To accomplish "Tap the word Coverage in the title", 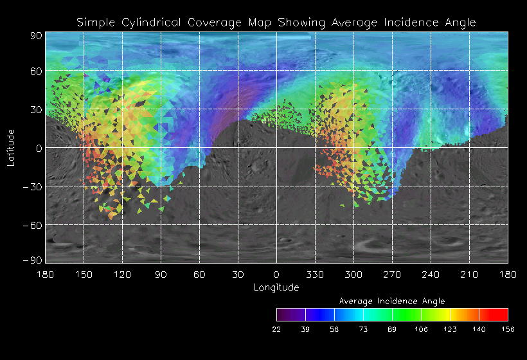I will pyautogui.click(x=215, y=22).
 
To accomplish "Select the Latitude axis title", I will pyautogui.click(x=10, y=147).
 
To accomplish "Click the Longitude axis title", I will pyautogui.click(x=276, y=287).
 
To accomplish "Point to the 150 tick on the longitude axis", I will pyautogui.click(x=84, y=274).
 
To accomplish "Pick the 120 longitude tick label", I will pyautogui.click(x=122, y=274).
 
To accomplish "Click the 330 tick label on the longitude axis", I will pyautogui.click(x=315, y=274).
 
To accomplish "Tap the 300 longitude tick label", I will pyautogui.click(x=353, y=274).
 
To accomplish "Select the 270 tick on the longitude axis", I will pyautogui.click(x=392, y=274).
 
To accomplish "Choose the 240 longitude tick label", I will pyautogui.click(x=431, y=274).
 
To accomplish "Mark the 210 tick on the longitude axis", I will pyautogui.click(x=469, y=274).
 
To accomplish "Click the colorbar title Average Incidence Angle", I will pyautogui.click(x=392, y=301).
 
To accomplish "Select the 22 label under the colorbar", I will pyautogui.click(x=276, y=328).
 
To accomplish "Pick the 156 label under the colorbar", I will pyautogui.click(x=508, y=328).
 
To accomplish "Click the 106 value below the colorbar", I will pyautogui.click(x=421, y=328).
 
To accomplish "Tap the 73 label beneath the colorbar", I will pyautogui.click(x=363, y=328).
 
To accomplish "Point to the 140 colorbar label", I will pyautogui.click(x=479, y=328).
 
